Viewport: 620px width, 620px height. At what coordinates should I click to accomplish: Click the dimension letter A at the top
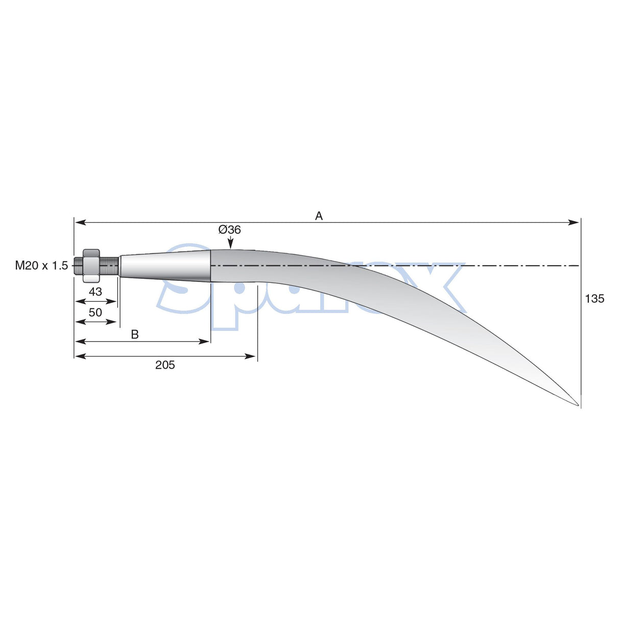(319, 216)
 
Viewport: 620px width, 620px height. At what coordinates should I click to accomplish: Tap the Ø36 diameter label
(229, 230)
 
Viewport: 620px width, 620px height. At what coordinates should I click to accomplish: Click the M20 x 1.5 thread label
(41, 266)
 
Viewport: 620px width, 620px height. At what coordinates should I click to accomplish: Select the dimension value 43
(96, 292)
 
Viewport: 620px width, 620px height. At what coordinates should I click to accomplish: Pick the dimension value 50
(96, 313)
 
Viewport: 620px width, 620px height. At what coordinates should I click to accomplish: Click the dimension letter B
(135, 335)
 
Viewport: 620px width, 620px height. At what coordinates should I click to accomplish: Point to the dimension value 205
(165, 365)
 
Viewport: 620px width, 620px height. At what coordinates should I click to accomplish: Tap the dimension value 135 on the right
(594, 299)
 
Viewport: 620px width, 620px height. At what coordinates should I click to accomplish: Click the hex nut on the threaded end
(91, 266)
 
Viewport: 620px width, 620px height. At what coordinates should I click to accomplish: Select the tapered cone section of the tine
(166, 266)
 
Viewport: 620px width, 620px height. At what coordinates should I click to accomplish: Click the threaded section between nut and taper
(109, 266)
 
